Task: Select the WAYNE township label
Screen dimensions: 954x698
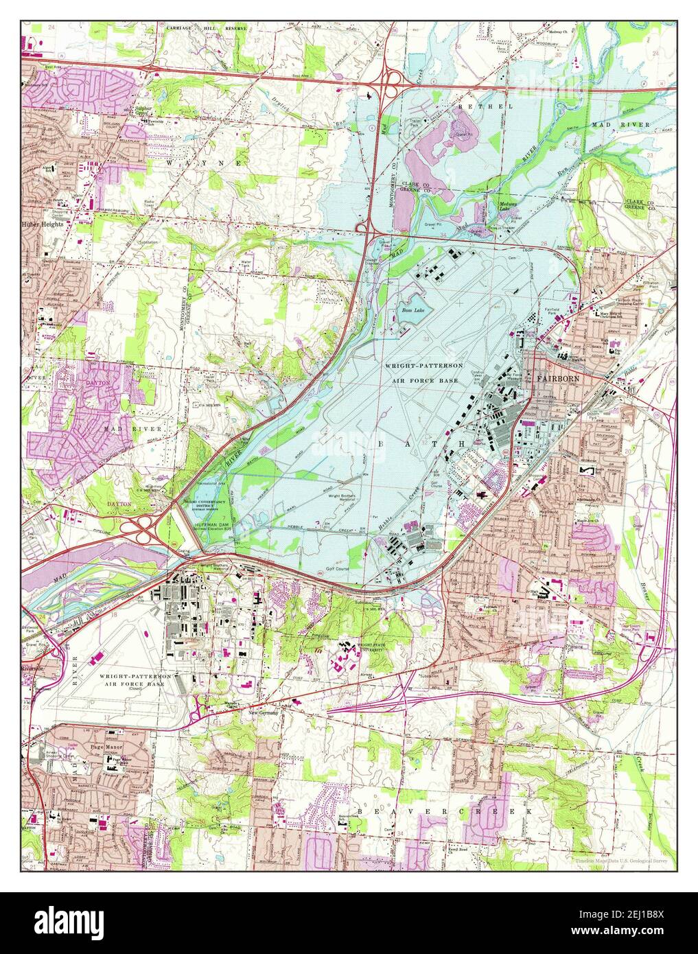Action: click(x=204, y=163)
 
